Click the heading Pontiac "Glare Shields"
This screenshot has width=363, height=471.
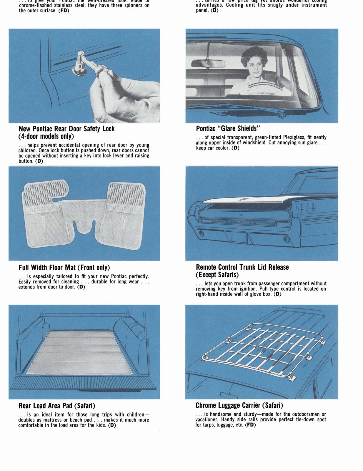coord(228,129)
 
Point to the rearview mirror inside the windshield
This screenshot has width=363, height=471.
coord(208,63)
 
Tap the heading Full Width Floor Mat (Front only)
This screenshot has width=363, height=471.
coord(64,267)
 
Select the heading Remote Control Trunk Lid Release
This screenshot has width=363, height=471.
coord(242,267)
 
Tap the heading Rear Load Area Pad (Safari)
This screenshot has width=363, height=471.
coord(57,406)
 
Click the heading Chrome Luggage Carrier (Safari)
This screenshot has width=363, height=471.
coord(239,405)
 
